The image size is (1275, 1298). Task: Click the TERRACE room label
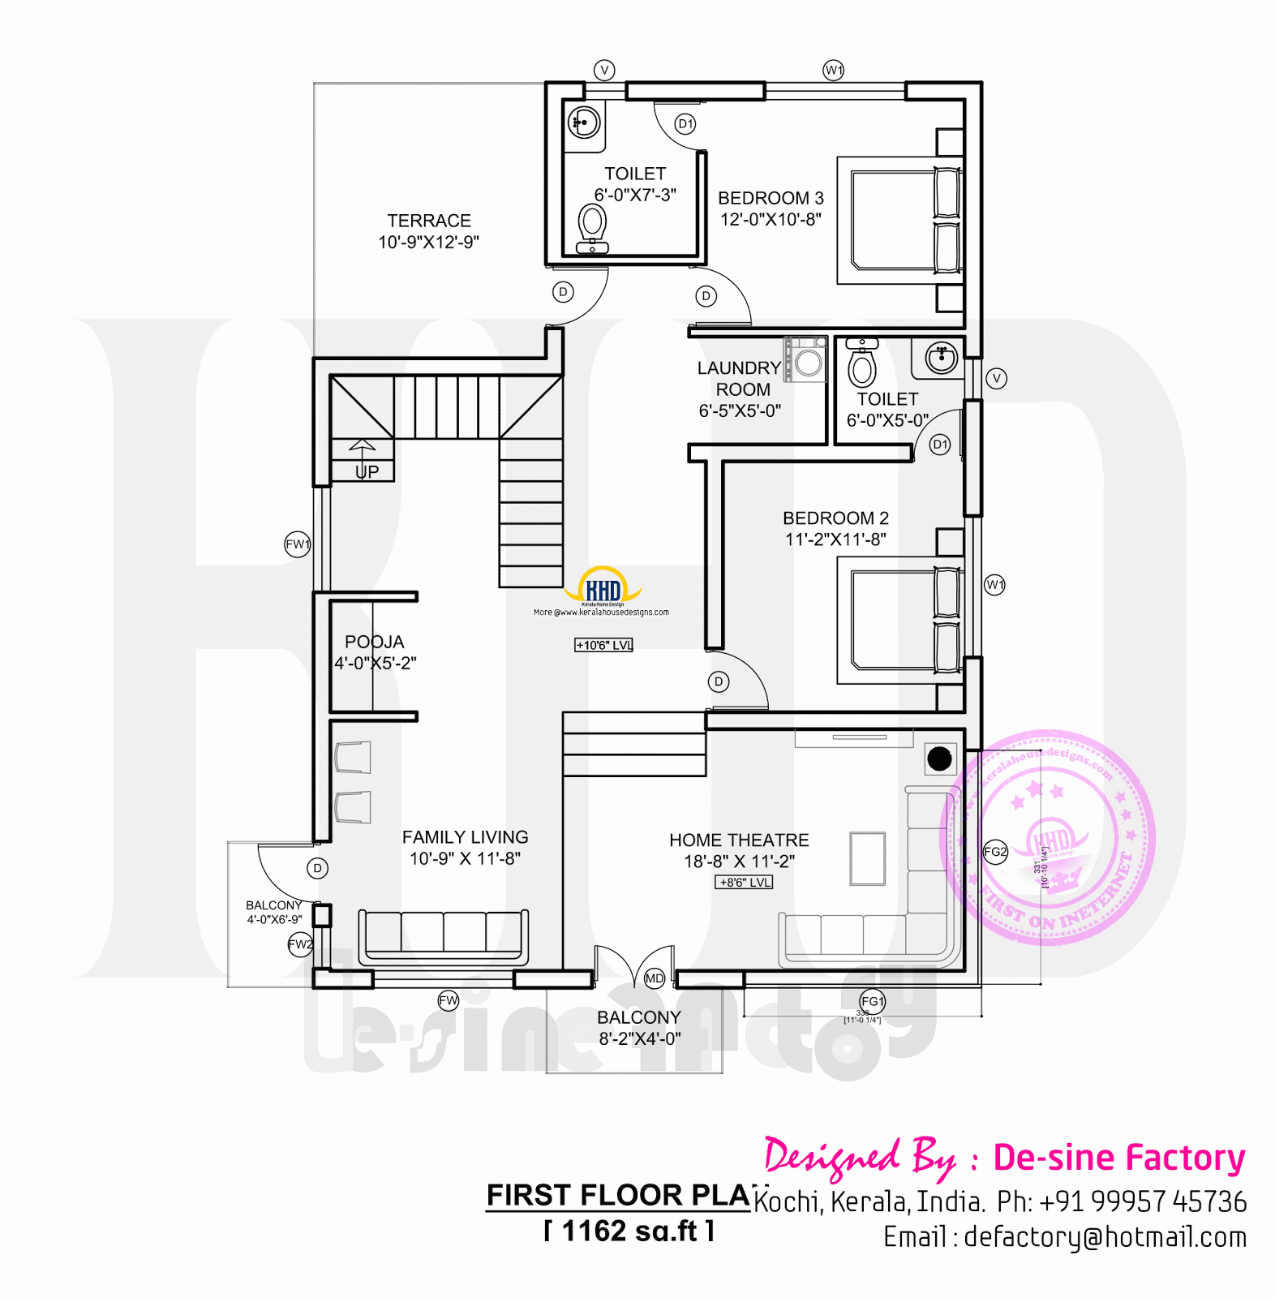(429, 221)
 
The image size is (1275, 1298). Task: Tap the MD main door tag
(655, 978)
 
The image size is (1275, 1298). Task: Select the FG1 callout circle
(873, 1001)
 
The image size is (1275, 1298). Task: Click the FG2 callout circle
(995, 852)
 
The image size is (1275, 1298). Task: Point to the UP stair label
(367, 471)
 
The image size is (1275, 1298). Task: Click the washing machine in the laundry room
(807, 360)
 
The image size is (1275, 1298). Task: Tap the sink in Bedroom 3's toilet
(584, 123)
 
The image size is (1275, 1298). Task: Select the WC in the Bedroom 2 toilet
(862, 365)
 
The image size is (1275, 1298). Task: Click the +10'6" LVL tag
(603, 645)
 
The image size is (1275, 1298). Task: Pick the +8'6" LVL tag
(744, 882)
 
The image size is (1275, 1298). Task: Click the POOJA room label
(374, 642)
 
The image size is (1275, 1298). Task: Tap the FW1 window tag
(298, 544)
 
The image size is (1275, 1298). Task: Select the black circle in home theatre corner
(939, 759)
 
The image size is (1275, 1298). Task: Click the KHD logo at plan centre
(603, 589)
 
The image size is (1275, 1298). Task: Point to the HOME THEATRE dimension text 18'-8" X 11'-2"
(739, 862)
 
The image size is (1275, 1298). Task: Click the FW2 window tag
(300, 944)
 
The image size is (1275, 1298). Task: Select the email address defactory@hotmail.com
(1105, 1237)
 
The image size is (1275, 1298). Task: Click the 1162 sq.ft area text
(629, 1231)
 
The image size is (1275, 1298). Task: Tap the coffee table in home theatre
(867, 858)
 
